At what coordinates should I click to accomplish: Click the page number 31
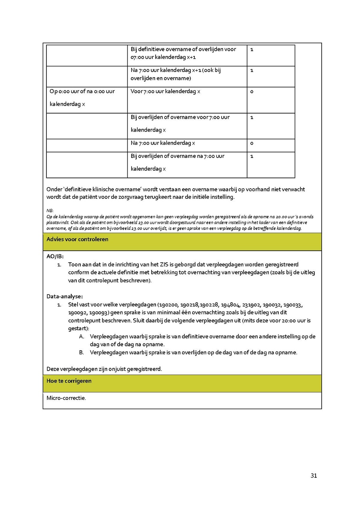click(x=314, y=475)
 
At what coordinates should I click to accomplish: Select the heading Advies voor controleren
click(x=77, y=240)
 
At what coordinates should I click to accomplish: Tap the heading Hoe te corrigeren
click(x=69, y=381)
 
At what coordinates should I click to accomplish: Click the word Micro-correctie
click(x=66, y=398)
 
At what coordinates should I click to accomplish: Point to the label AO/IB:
click(x=55, y=257)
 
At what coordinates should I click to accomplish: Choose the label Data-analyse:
click(x=64, y=296)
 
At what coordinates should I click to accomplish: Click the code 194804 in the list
click(x=231, y=305)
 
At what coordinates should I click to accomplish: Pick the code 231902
click(x=252, y=305)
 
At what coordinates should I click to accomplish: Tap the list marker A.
click(x=81, y=337)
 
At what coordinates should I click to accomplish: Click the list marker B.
click(x=81, y=353)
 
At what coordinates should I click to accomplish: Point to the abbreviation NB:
click(x=50, y=210)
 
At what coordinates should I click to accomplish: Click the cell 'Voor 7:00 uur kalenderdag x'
click(x=165, y=92)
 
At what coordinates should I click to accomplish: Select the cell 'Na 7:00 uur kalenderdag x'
click(x=163, y=143)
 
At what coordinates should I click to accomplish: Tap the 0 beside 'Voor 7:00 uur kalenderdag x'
click(x=252, y=92)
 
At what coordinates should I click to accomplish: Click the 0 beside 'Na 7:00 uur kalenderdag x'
click(x=252, y=143)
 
